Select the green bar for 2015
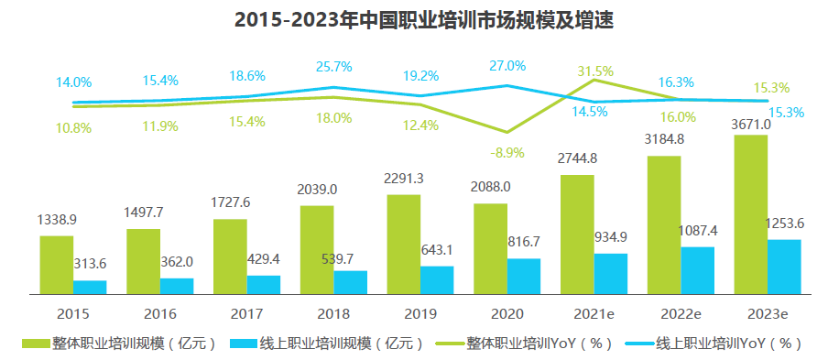point(56,265)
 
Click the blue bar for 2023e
point(784,267)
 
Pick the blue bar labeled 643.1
point(437,280)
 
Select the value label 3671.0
point(751,124)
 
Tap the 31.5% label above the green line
point(595,71)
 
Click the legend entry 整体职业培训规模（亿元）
point(121,344)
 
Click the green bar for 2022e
point(663,224)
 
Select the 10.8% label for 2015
point(73,128)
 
